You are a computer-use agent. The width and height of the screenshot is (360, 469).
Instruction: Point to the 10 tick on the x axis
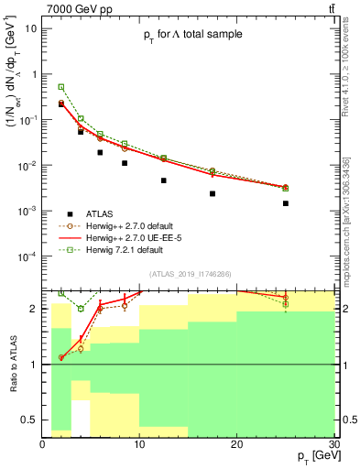[139, 443]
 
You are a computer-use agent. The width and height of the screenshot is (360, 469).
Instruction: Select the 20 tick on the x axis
[236, 443]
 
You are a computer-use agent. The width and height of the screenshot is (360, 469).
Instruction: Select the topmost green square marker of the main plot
[61, 87]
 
